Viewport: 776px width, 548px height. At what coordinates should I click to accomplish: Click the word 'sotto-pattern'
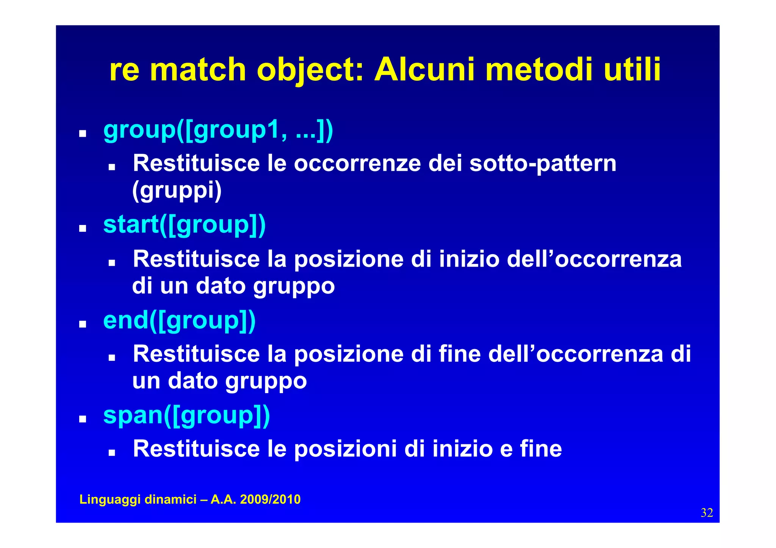543,164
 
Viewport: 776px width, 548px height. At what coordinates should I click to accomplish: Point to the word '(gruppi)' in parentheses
177,190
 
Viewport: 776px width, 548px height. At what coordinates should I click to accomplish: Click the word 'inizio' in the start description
469,259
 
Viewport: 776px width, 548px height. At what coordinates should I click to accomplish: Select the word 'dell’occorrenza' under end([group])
576,354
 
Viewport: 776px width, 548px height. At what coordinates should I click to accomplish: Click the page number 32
707,513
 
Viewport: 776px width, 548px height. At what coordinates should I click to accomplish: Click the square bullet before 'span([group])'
82,419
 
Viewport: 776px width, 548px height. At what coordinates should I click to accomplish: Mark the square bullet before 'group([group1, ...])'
82,134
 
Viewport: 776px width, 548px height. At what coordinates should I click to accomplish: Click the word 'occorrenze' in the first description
357,164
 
